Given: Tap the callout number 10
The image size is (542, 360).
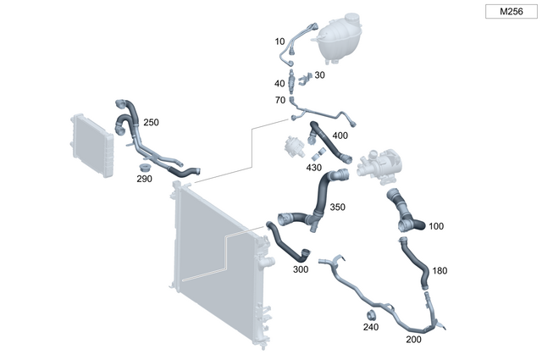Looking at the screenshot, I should [280, 42].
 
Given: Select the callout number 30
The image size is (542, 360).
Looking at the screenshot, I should [319, 75].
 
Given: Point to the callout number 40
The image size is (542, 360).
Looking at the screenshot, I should [280, 83].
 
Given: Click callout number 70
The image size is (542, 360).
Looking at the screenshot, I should [280, 101].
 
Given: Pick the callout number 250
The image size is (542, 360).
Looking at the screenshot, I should [150, 122].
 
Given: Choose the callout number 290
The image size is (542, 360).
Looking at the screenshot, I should [146, 180].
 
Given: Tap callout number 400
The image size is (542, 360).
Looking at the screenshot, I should [340, 136].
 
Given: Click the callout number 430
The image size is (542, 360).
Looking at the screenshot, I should [313, 167].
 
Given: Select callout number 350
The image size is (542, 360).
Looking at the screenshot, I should [337, 207].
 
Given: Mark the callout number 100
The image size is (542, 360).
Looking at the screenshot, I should [436, 226].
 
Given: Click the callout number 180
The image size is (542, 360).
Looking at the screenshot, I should [440, 271].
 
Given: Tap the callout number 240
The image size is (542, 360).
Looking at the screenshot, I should [371, 327].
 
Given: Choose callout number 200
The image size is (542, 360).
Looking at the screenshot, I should [414, 339].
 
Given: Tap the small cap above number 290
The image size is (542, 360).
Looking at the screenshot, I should [146, 167].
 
